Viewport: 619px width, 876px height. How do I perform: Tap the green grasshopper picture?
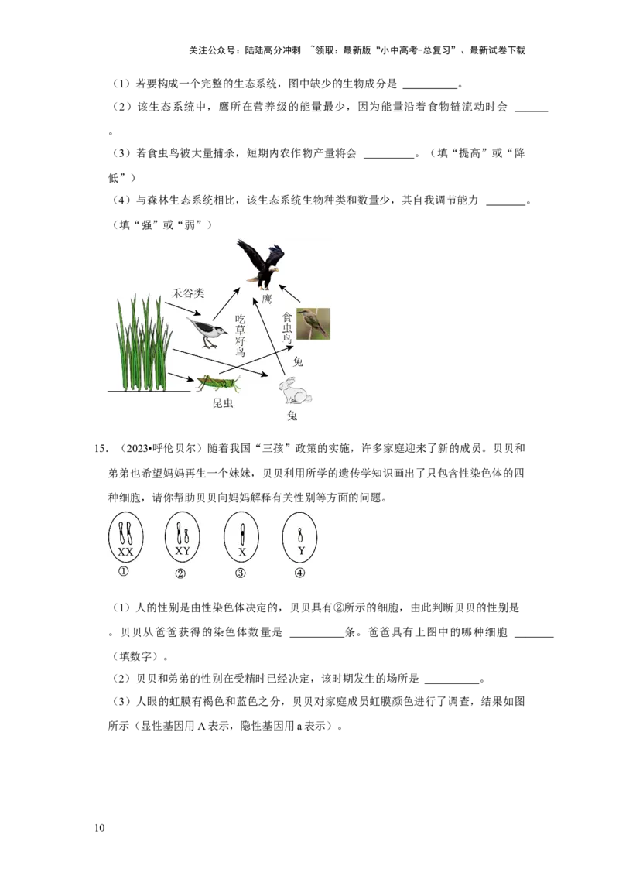pyautogui.click(x=217, y=384)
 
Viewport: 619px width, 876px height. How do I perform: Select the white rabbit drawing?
pyautogui.click(x=295, y=390)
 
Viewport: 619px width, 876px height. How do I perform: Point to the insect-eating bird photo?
pyautogui.click(x=313, y=323)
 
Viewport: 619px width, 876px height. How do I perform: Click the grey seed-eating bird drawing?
pyautogui.click(x=207, y=332)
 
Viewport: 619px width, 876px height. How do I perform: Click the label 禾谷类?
pyautogui.click(x=188, y=293)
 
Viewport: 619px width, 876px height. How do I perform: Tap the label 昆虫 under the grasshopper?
pyautogui.click(x=222, y=403)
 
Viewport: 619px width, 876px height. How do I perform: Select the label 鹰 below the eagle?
pyautogui.click(x=266, y=299)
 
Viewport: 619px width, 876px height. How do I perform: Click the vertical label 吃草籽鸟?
pyautogui.click(x=240, y=335)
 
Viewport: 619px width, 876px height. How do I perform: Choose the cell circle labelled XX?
pyautogui.click(x=125, y=537)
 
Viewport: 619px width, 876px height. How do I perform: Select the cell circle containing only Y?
pyautogui.click(x=300, y=537)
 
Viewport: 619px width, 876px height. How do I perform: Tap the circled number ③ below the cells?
pyautogui.click(x=240, y=573)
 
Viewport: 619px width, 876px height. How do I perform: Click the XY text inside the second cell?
pyautogui.click(x=183, y=551)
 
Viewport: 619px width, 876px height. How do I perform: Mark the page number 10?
pyautogui.click(x=100, y=828)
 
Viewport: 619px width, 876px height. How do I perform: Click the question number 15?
pyautogui.click(x=101, y=449)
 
